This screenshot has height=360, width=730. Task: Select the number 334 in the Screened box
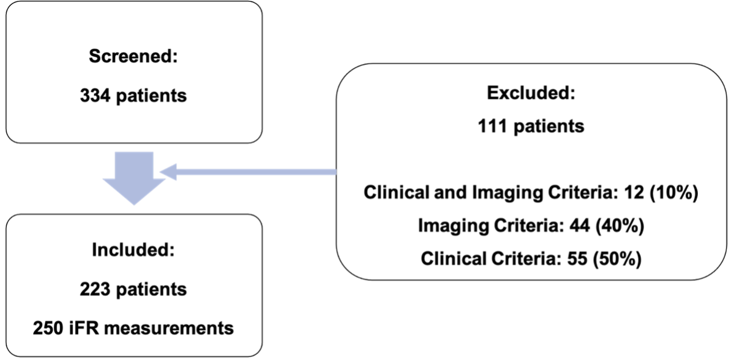[94, 96]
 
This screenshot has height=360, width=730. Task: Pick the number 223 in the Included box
[94, 289]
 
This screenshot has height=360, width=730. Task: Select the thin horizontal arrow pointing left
[248, 173]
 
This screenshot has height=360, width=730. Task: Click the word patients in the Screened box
[151, 96]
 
